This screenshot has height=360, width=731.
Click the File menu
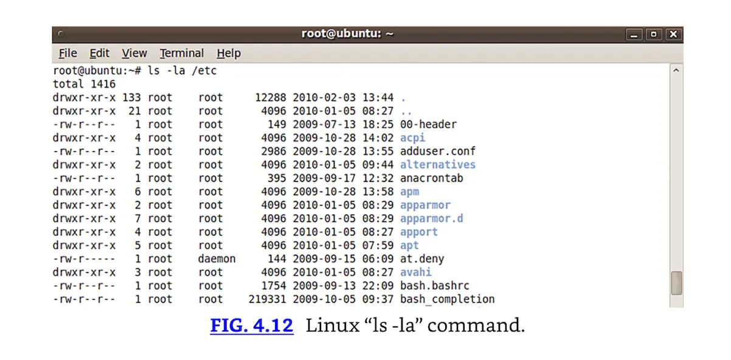tap(68, 54)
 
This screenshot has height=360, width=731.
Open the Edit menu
tap(99, 54)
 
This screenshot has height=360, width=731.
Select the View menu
tap(134, 54)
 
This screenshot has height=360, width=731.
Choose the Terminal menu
tap(182, 54)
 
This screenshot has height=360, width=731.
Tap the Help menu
tap(229, 54)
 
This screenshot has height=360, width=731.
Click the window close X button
tap(673, 35)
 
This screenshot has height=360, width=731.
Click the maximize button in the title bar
tap(654, 35)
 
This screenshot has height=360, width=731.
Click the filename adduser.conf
tap(437, 151)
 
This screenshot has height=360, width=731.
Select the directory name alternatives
tap(437, 165)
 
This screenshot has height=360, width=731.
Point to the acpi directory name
tap(412, 138)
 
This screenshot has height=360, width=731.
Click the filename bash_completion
tap(447, 299)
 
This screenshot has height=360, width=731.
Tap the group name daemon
tap(217, 259)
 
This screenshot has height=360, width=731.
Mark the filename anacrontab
tap(431, 178)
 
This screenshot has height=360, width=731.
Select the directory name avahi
tap(415, 272)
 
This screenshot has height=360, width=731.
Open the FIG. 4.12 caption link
tap(252, 325)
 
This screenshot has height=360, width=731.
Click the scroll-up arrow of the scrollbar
tap(676, 71)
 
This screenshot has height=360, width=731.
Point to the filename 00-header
tap(428, 125)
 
